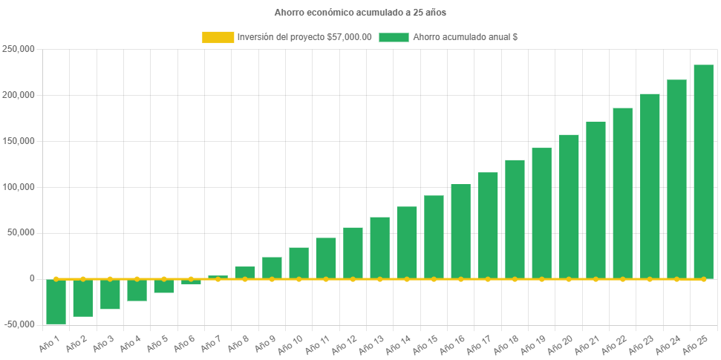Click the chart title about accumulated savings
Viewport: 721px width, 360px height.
click(x=360, y=13)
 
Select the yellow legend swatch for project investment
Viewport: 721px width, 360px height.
click(x=217, y=37)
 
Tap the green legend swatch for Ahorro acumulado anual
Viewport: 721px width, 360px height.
click(x=394, y=37)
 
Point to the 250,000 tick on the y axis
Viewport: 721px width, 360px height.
click(x=19, y=49)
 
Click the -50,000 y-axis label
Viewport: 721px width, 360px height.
click(x=19, y=324)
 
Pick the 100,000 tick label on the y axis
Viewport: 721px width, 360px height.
click(x=19, y=187)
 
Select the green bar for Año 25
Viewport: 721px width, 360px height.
click(x=703, y=171)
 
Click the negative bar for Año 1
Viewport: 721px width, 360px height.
click(x=56, y=301)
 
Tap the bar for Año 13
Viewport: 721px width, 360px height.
click(x=379, y=247)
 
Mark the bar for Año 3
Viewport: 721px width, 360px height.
click(x=110, y=294)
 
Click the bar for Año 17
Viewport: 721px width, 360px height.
click(x=488, y=225)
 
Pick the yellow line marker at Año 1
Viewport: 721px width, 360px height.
click(x=56, y=279)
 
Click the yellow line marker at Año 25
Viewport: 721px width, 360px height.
click(x=703, y=279)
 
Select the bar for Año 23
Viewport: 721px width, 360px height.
click(x=650, y=186)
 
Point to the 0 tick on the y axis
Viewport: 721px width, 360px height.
click(x=32, y=278)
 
